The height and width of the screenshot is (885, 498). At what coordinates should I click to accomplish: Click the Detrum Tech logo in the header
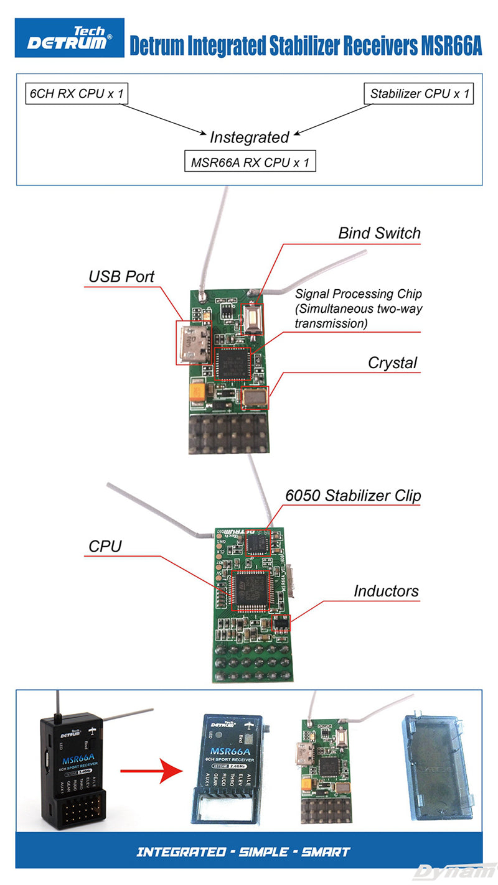[70, 37]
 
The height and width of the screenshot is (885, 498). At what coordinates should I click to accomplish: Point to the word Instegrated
[249, 137]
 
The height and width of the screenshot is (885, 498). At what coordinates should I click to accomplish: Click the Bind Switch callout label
[379, 233]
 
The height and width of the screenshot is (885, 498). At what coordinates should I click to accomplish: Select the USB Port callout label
[121, 276]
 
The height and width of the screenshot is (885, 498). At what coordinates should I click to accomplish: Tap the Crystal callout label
[392, 363]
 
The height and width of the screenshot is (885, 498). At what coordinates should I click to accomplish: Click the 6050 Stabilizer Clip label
[353, 496]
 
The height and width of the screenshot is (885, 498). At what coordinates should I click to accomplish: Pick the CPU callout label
[105, 546]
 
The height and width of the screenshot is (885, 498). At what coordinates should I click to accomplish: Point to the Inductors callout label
[386, 591]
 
